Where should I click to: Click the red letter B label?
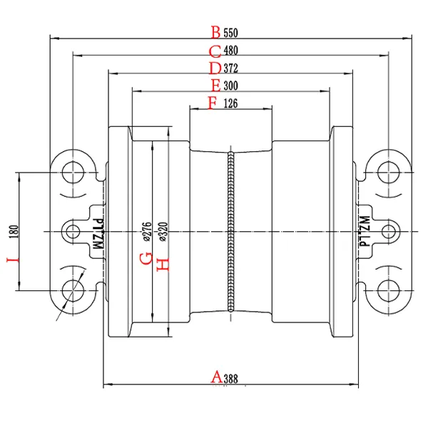215,32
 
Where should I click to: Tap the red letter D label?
215,68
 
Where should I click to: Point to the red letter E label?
215,86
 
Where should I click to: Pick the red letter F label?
212,103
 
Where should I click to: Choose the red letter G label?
145,257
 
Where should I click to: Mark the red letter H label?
163,264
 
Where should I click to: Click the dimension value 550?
231,33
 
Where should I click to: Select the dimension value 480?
231,51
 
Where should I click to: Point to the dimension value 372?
231,69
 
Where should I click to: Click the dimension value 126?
231,104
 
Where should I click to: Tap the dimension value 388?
231,379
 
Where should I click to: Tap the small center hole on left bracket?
72,231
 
